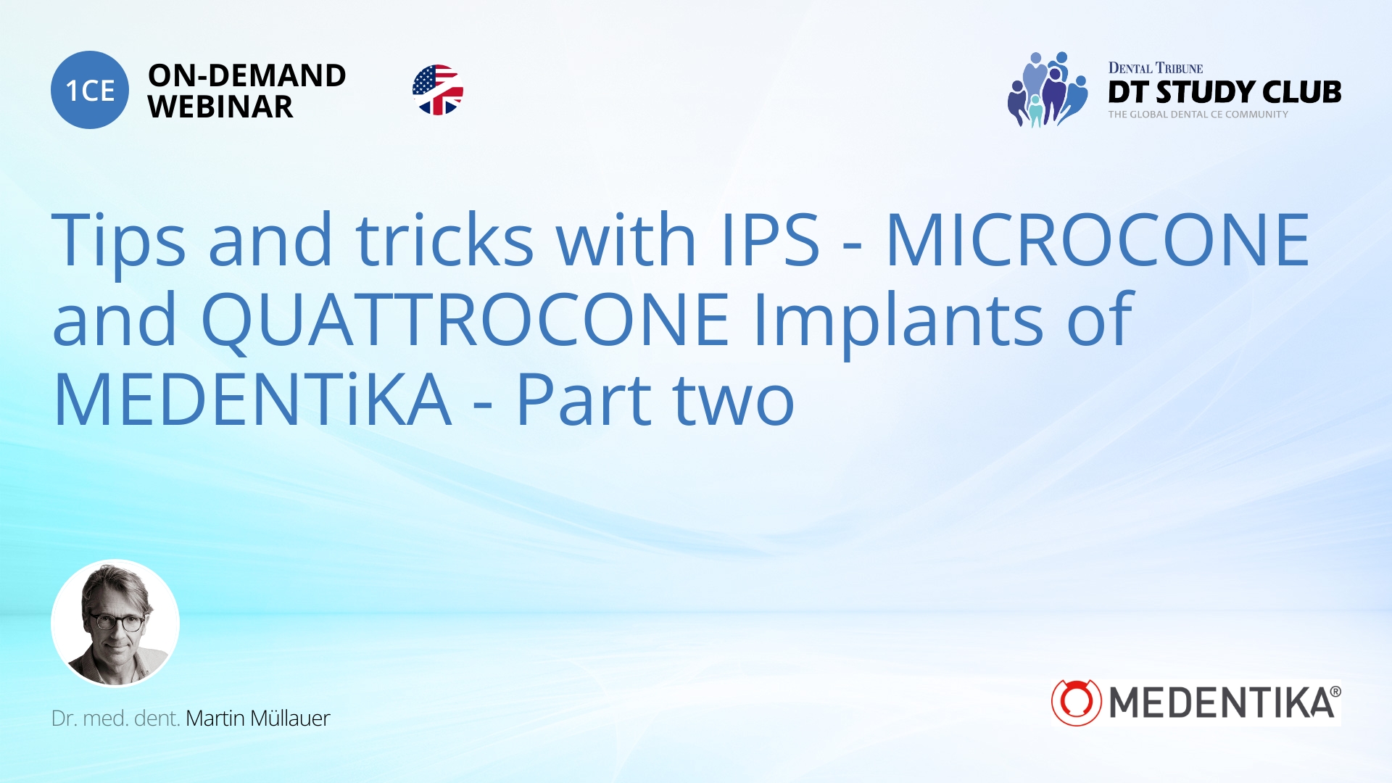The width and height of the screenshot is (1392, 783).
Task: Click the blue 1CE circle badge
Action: coord(90,90)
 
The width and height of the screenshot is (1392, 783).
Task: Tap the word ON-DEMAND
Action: coord(246,75)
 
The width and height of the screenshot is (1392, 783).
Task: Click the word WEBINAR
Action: coord(220,107)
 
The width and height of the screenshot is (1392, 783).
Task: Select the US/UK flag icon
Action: coord(438,90)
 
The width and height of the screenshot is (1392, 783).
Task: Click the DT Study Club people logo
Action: coord(1048,90)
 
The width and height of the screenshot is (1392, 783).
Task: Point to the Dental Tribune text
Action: coord(1156,68)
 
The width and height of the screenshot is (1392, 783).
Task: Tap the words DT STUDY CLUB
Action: coord(1225,92)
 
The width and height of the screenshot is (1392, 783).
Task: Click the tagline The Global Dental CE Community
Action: coord(1198,115)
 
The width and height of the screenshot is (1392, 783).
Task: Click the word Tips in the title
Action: coord(119,241)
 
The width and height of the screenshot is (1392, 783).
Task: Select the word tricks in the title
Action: coord(444,241)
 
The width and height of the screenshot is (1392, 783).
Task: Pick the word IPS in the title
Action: coord(771,241)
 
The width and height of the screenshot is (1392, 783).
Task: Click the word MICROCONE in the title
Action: coord(1098,241)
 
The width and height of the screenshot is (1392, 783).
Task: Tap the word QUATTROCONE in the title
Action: coord(465,320)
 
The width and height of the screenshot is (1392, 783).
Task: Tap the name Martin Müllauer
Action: coord(257,718)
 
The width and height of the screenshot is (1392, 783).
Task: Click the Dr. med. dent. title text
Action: coord(115,718)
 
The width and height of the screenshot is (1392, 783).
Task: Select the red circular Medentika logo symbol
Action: coord(1076,702)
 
